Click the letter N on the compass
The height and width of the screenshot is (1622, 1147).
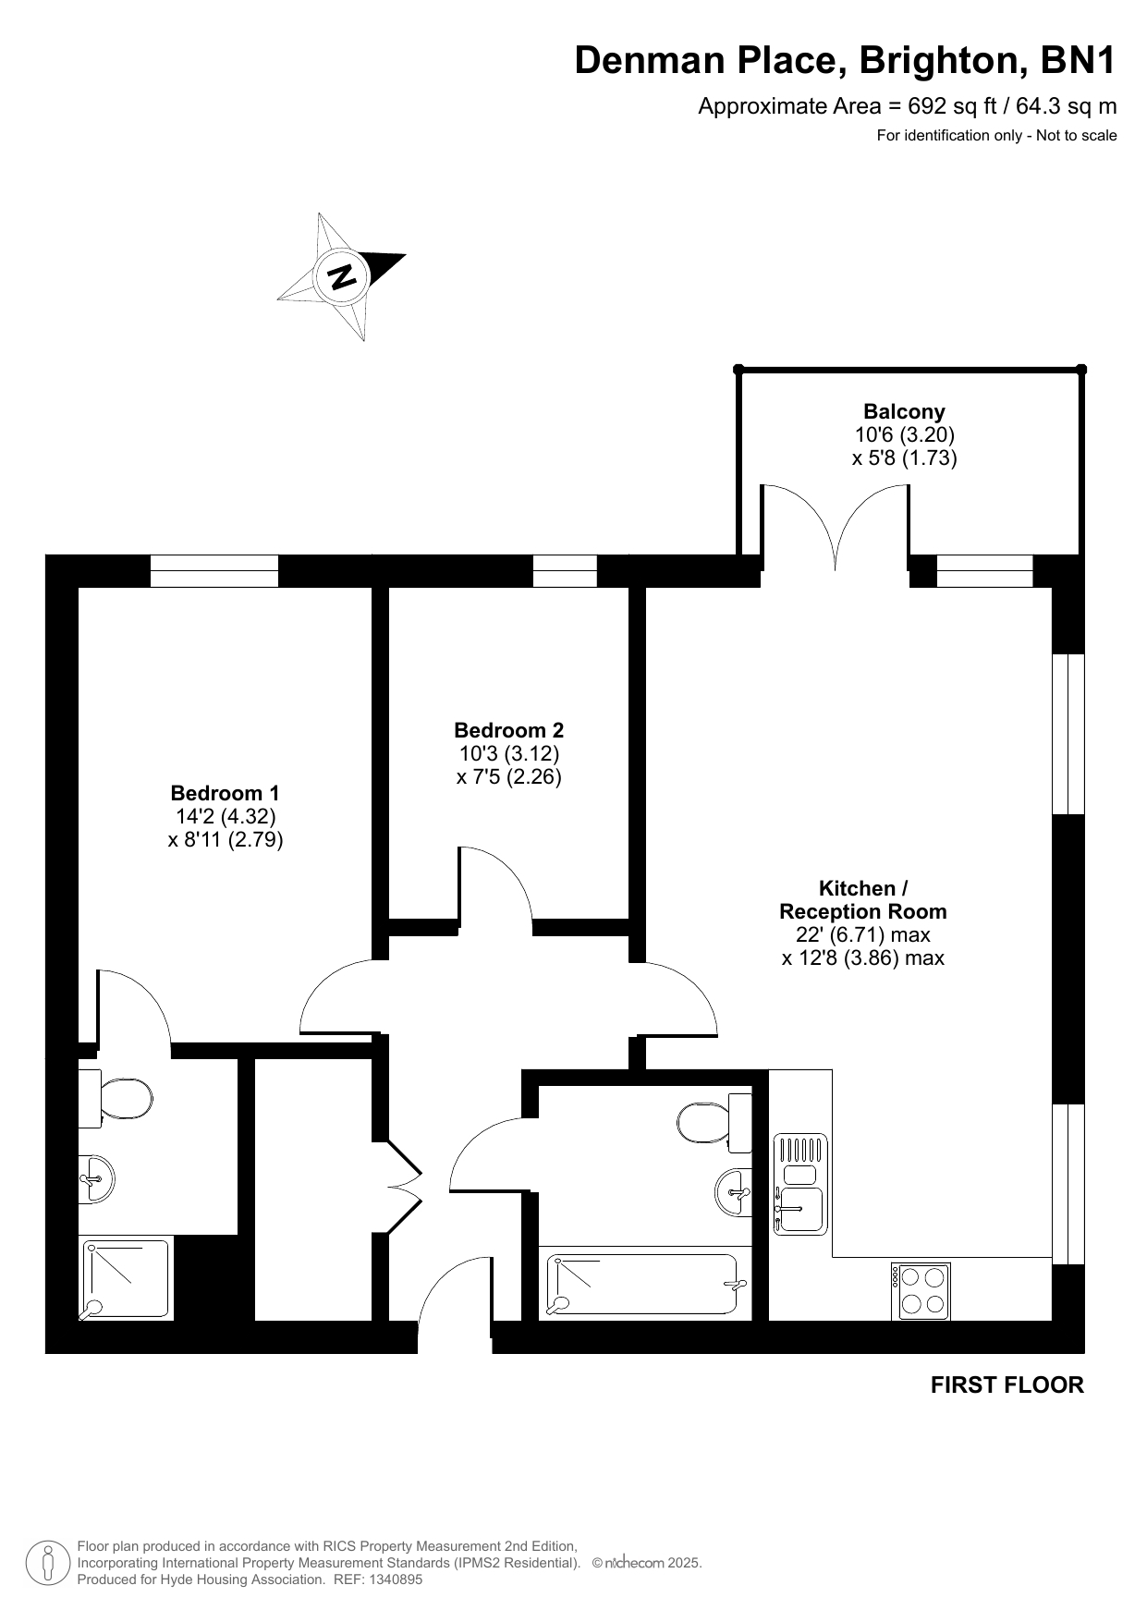click(x=342, y=276)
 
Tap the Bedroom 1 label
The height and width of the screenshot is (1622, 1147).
click(x=225, y=793)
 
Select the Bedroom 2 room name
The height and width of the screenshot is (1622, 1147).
click(x=509, y=730)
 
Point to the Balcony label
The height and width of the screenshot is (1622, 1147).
click(x=904, y=411)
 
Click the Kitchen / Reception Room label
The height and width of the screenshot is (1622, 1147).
click(x=863, y=900)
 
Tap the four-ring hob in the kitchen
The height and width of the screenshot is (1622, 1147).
click(x=922, y=1290)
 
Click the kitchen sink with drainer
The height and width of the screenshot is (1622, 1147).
click(x=800, y=1185)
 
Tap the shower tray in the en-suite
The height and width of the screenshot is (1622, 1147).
click(x=125, y=1278)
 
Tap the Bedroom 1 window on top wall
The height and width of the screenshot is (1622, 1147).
click(x=214, y=571)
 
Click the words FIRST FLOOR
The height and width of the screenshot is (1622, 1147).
click(x=1007, y=1384)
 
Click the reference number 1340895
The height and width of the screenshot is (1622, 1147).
click(x=395, y=1579)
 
